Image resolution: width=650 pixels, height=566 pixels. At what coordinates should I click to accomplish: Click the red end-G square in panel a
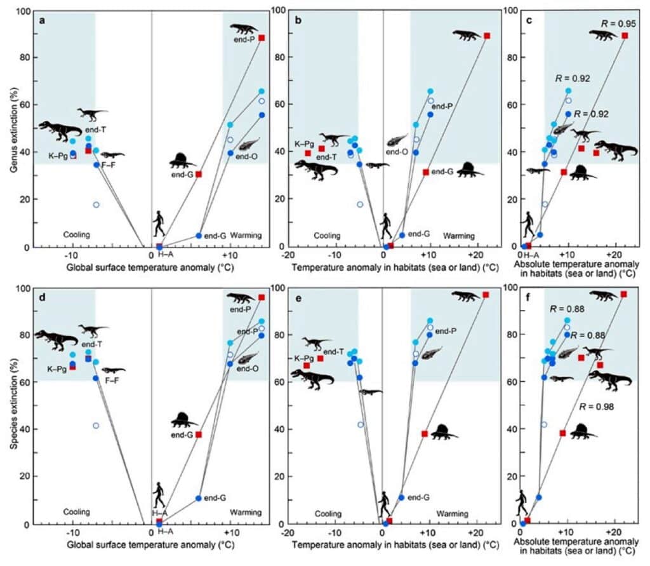199,174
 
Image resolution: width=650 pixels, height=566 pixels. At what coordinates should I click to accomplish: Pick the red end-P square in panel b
487,36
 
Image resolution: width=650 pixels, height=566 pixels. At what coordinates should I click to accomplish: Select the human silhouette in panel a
159,224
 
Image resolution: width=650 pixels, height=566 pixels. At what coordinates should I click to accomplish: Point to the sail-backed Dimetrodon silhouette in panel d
185,420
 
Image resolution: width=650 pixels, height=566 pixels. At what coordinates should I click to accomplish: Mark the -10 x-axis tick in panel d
72,532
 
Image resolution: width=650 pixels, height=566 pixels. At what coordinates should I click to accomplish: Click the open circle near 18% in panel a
96,205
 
